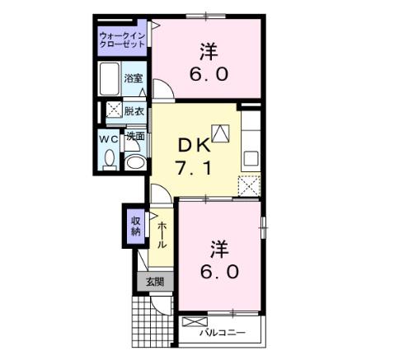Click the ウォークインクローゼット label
pos(122,40)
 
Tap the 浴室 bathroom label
pos(134,78)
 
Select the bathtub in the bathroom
pos(109,79)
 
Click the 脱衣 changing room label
pos(134,111)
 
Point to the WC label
pos(109,139)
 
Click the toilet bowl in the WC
pos(110,160)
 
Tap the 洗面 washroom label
pos(135,136)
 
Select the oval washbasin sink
pos(135,162)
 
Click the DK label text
pos(195,145)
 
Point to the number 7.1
pos(195,168)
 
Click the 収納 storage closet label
pos(136,227)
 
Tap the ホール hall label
pos(162,235)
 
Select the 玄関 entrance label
pos(155,282)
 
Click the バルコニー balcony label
pos(222,333)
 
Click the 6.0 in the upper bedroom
pos(209,74)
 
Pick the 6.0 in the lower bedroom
pos(219,272)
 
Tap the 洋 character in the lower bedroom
pos(219,249)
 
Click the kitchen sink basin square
pos(251,158)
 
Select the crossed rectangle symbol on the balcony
pos(195,321)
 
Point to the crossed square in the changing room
pos(114,110)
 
